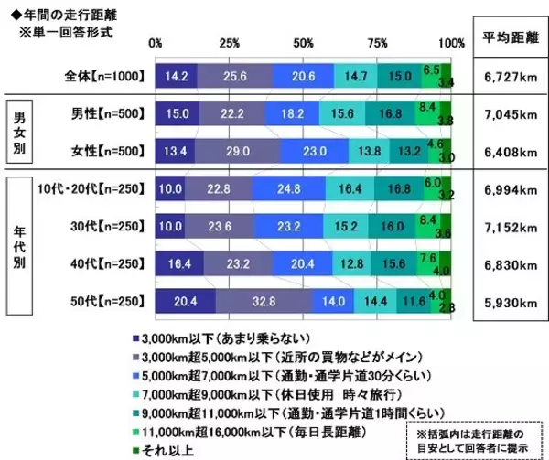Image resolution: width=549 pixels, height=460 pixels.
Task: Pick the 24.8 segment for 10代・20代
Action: coord(289,188)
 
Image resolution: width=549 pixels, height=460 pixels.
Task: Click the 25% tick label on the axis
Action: coord(230,44)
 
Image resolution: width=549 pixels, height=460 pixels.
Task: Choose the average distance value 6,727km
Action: coord(509,74)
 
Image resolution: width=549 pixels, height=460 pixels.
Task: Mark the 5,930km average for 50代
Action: coord(509,301)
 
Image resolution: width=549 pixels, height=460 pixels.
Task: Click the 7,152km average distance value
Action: coord(509,226)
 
